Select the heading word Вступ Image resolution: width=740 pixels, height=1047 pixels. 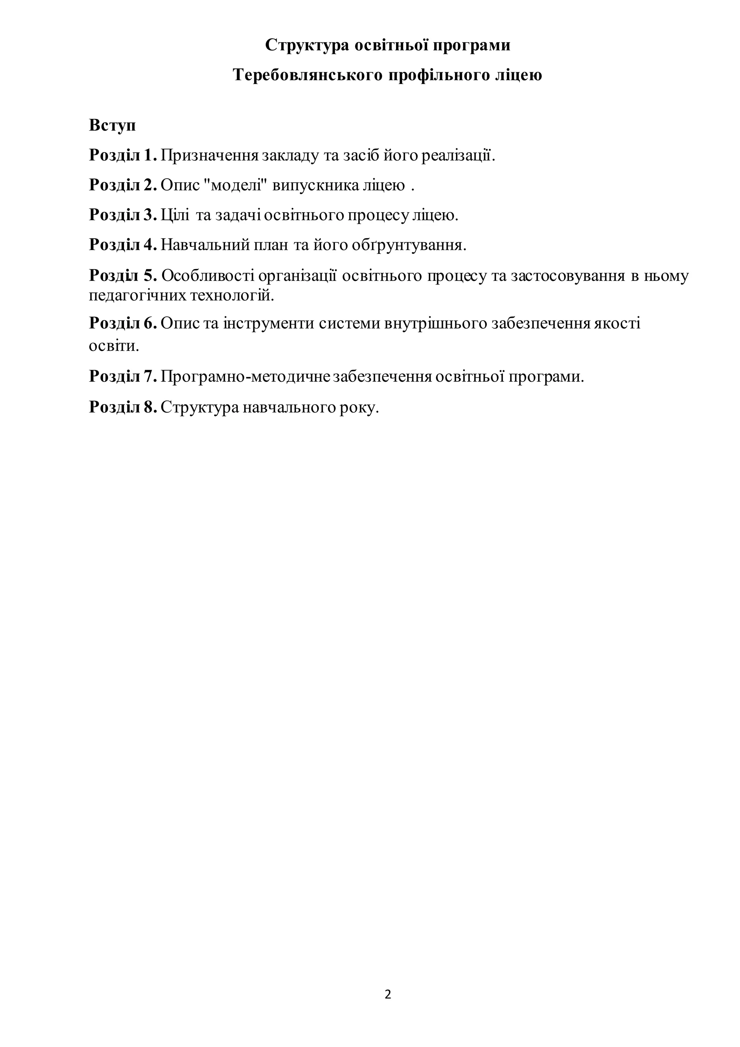[x=112, y=125]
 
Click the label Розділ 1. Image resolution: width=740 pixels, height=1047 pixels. [x=123, y=155]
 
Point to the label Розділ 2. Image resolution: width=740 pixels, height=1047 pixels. [x=123, y=185]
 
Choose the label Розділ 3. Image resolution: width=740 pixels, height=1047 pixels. [x=123, y=215]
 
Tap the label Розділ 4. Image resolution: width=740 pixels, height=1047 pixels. [x=123, y=245]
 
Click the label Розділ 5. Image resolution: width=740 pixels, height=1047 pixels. [x=123, y=275]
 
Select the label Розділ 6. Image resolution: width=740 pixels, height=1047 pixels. [x=123, y=323]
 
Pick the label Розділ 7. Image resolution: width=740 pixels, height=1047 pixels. [x=123, y=377]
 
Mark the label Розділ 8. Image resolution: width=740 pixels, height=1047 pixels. [x=123, y=407]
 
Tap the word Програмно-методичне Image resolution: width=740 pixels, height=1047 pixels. [x=246, y=377]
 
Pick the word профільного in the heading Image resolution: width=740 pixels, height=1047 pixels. [x=439, y=75]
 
